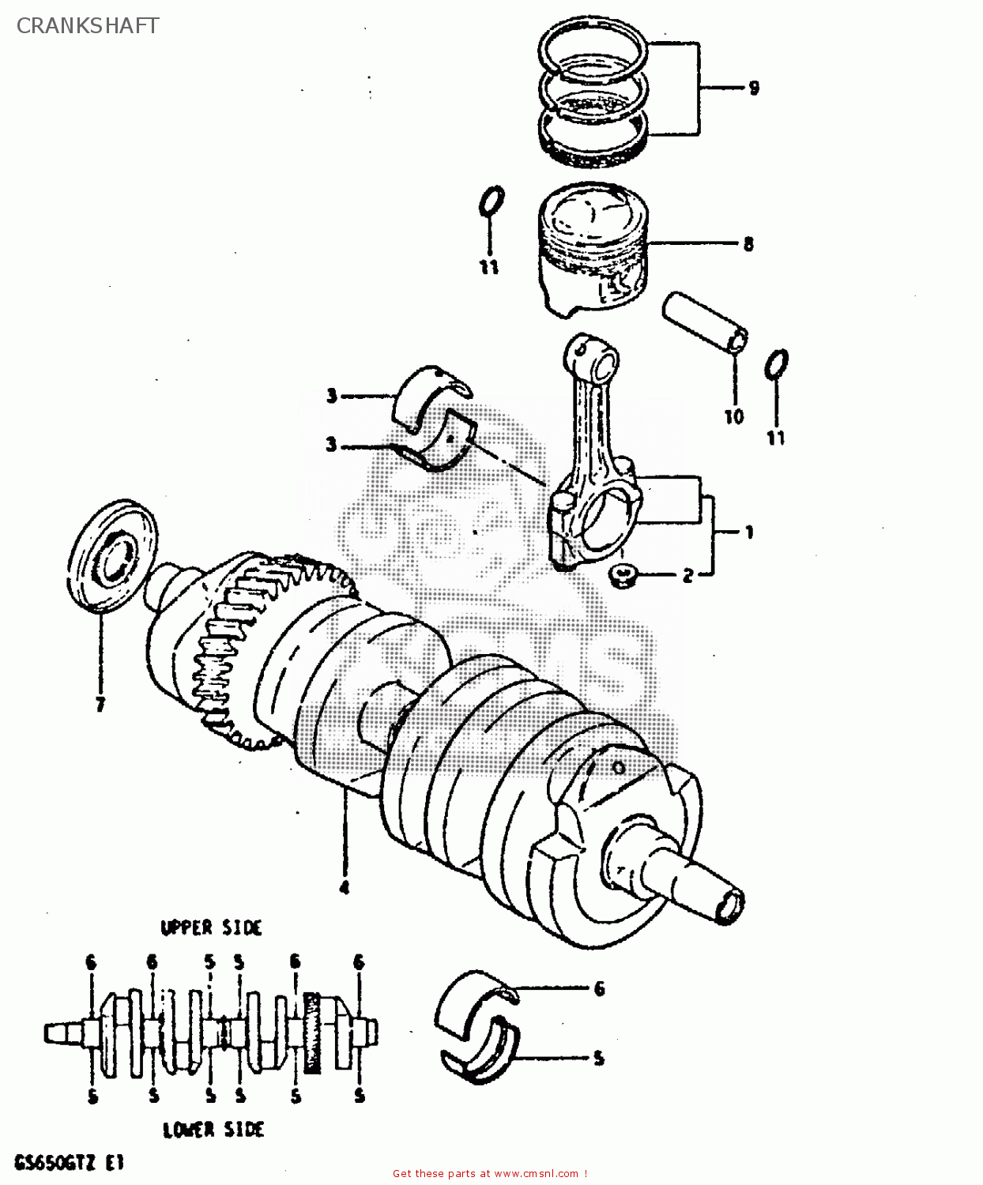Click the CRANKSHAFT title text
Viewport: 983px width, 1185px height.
click(x=88, y=25)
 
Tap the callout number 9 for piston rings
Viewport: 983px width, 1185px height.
click(x=753, y=88)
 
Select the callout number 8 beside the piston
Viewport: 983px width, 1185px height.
click(x=748, y=244)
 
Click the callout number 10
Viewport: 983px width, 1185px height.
click(x=734, y=416)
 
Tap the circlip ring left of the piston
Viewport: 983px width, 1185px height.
click(x=491, y=201)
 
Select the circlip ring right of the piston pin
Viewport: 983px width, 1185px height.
click(x=777, y=365)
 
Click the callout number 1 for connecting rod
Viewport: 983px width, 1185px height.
click(x=749, y=532)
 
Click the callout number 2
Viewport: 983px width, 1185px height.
click(x=687, y=576)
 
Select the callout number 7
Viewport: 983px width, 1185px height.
click(x=100, y=705)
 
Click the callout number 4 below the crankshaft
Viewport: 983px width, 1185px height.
click(x=344, y=887)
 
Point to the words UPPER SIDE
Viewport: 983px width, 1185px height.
click(x=211, y=927)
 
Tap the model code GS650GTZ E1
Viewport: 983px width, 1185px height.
click(x=69, y=1164)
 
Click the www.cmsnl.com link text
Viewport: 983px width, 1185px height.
click(x=537, y=1174)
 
